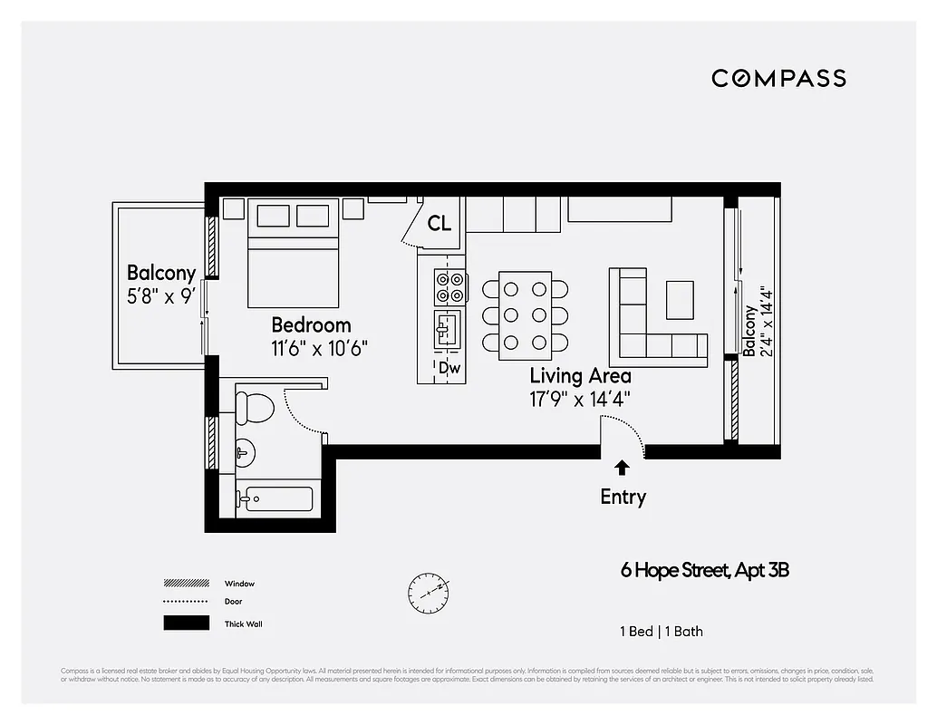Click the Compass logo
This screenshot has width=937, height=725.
point(778,78)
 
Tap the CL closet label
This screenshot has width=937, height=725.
point(440,223)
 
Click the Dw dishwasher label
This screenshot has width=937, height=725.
point(449,368)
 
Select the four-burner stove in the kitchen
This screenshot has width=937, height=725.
point(449,287)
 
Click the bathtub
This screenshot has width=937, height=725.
point(276,498)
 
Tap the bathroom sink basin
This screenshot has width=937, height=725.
point(245,450)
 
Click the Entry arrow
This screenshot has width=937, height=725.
point(623,468)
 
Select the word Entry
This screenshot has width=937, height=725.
point(623,497)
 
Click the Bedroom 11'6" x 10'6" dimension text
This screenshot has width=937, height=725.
point(320,348)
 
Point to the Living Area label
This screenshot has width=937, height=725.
point(580,375)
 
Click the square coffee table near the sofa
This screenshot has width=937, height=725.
point(680,299)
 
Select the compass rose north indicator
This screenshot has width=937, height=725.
point(429,591)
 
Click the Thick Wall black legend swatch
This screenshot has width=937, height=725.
point(186,623)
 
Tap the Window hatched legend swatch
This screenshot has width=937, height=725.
point(186,584)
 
